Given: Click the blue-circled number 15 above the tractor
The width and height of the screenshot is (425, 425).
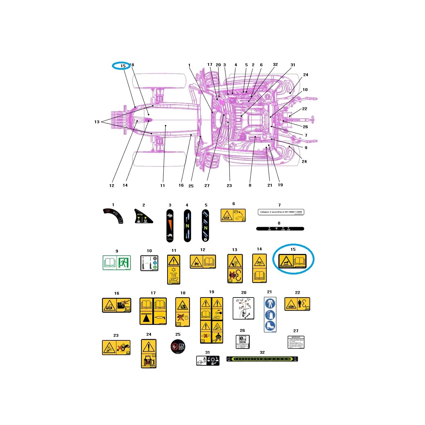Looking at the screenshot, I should pos(123,66).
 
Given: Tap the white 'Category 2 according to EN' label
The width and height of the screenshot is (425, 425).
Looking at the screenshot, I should pos(280,212).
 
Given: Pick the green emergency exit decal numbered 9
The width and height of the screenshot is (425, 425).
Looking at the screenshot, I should pos(117,262).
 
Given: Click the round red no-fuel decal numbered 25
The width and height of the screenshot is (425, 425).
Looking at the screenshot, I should pos(177,346).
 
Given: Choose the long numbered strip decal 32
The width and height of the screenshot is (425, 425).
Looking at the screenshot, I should pos(262,359).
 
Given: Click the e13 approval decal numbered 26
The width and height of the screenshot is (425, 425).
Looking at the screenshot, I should pos(243,342).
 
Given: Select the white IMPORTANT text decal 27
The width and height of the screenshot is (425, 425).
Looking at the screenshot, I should pos(296,342).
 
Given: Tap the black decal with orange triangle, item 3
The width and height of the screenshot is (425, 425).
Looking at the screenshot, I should pos(170,225).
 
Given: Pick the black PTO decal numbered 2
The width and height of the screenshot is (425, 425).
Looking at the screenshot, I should pos(144,216).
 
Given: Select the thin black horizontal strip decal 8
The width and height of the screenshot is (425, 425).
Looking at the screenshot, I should pos(280,229).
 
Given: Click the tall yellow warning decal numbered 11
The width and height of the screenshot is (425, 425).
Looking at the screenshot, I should pos(174,270).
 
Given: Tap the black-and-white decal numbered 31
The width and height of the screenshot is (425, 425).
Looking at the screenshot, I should pos(208,361).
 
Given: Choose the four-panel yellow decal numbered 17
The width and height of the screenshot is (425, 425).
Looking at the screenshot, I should pos(153,311).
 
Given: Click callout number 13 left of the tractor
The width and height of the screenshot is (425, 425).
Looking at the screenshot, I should pos(97,122).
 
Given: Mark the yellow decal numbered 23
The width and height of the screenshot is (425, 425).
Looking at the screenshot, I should pos(116,347).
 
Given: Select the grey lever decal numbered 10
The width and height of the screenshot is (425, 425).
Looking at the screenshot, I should pos(149,263).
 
